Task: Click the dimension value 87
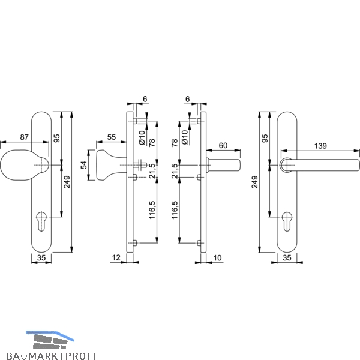click(24, 137)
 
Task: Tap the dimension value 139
click(320, 146)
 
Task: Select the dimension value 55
click(112, 137)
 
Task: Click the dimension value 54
click(84, 165)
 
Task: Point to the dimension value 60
click(223, 145)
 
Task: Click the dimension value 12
click(116, 257)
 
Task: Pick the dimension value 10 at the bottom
click(217, 257)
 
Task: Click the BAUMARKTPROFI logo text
click(51, 356)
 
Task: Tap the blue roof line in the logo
click(50, 334)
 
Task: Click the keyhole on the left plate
click(41, 221)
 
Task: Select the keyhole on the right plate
click(287, 221)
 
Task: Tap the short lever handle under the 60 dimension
click(223, 165)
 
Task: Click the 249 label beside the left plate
click(67, 182)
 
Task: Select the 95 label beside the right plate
click(265, 139)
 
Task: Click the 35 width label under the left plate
click(41, 257)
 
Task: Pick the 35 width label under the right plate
click(287, 257)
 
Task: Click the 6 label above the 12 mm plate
click(145, 99)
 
